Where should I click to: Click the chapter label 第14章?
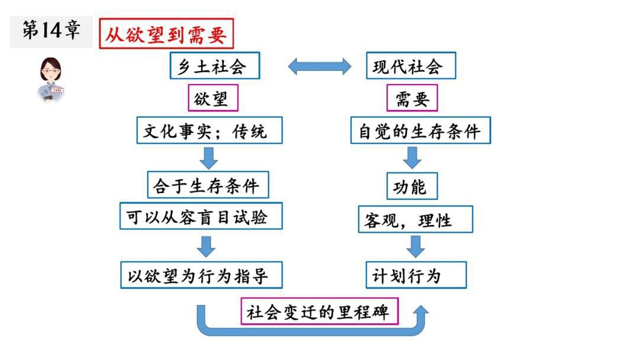pyautogui.click(x=51, y=31)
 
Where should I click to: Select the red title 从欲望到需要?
pyautogui.click(x=166, y=34)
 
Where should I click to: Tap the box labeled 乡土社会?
pyautogui.click(x=215, y=66)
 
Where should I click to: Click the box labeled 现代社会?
pyautogui.click(x=411, y=66)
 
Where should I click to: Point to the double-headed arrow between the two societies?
pyautogui.click(x=319, y=66)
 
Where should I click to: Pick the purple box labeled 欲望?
pyautogui.click(x=213, y=98)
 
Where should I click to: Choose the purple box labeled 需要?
pyautogui.click(x=412, y=98)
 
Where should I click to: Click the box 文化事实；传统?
pyautogui.click(x=209, y=130)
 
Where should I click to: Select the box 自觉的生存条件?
pyautogui.click(x=421, y=130)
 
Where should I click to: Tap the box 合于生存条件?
pyautogui.click(x=207, y=186)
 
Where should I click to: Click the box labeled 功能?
pyautogui.click(x=412, y=186)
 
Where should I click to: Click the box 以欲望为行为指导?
pyautogui.click(x=201, y=275)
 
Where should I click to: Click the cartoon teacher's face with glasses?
pyautogui.click(x=51, y=72)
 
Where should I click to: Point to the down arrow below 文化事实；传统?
pyautogui.click(x=208, y=157)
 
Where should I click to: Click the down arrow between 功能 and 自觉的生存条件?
pyautogui.click(x=412, y=157)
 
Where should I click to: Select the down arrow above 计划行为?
pyautogui.click(x=416, y=246)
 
